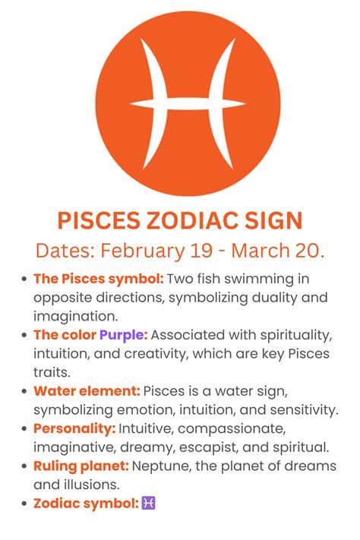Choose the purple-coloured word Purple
[123, 335]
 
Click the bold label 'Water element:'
[87, 391]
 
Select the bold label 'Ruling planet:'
[81, 465]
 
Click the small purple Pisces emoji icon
[149, 502]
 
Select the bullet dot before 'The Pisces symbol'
[24, 279]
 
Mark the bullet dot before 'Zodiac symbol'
[24, 503]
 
